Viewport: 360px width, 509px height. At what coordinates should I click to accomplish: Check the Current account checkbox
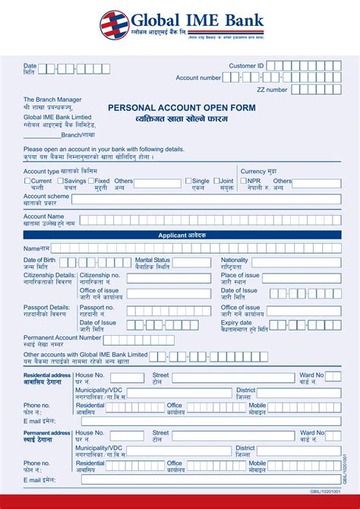27,181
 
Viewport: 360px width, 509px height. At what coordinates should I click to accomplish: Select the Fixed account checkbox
91,181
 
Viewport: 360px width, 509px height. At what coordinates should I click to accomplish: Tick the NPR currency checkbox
244,181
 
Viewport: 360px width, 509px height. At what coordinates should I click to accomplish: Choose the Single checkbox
189,181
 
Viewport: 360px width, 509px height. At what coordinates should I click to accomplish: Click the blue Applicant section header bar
182,236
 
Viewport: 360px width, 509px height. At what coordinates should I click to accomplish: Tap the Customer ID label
246,66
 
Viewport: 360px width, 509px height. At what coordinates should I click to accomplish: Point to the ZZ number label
272,90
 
